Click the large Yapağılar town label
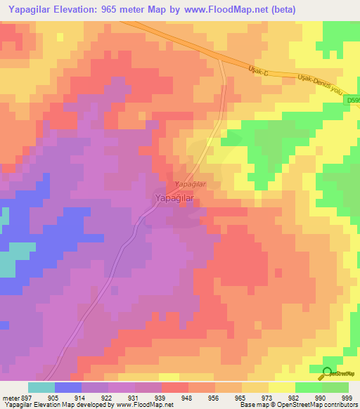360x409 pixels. (x=174, y=199)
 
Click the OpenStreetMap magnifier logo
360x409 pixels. (x=327, y=372)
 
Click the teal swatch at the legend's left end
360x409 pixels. (x=41, y=387)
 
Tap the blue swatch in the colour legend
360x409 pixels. (x=68, y=387)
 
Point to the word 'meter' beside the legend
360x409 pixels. (x=10, y=397)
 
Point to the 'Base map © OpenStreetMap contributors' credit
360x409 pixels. (x=297, y=405)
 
